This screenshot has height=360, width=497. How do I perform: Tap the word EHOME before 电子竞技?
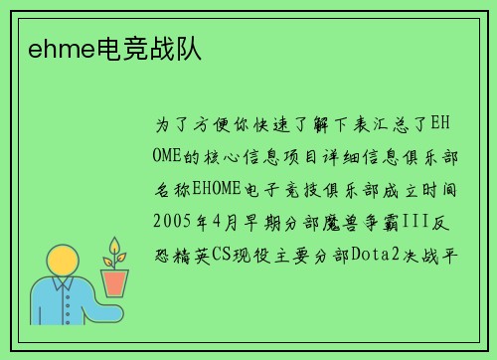[x=216, y=188]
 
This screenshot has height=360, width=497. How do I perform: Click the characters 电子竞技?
[x=282, y=188]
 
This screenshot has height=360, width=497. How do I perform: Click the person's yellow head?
[x=62, y=263]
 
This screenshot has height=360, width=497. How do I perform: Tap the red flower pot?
[x=115, y=282]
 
